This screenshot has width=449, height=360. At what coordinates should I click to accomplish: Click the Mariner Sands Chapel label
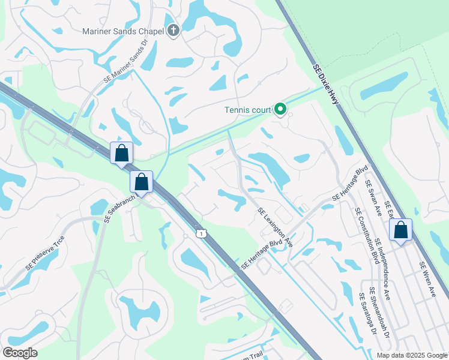[x=124, y=31]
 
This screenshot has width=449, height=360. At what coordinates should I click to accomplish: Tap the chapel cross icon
[x=173, y=31]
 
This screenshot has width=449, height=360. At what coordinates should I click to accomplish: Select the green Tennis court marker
[x=280, y=109]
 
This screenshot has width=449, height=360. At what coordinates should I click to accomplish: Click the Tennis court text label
[x=247, y=110]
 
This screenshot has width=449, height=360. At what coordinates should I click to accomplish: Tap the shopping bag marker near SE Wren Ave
[x=400, y=229]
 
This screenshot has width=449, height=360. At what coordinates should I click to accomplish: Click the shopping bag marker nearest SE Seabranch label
[x=141, y=181]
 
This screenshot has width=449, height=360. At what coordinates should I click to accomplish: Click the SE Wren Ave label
[x=428, y=280]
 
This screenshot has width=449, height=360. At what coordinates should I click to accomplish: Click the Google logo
[x=20, y=353]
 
